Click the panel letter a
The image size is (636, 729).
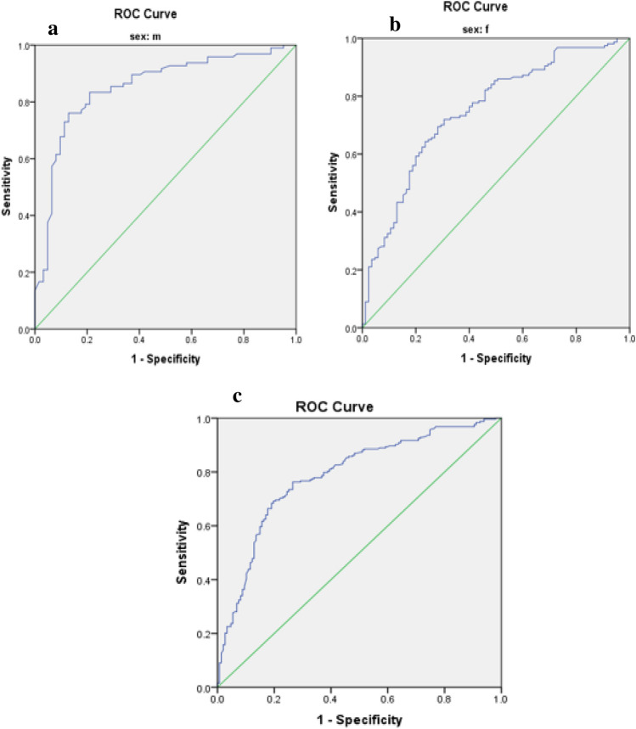[x=53, y=31]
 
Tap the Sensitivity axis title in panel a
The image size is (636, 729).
[x=7, y=185]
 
